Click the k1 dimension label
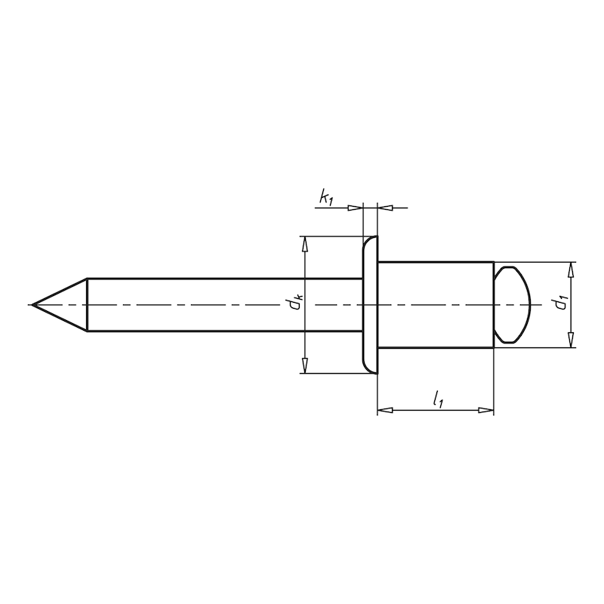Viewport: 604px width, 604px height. coord(326,199)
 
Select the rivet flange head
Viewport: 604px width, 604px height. coord(370,305)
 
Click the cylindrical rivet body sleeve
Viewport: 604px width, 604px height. coord(435,305)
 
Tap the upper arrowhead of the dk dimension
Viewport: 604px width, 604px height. coord(304,244)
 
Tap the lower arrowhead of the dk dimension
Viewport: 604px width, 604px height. coord(304,366)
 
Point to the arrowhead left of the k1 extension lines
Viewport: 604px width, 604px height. coord(356,206)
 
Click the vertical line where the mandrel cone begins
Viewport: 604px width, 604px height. coord(88,305)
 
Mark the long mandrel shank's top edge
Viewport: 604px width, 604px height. coord(226,279)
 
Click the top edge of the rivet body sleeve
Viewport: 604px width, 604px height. coord(435,261)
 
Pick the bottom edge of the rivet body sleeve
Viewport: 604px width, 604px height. coord(435,348)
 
